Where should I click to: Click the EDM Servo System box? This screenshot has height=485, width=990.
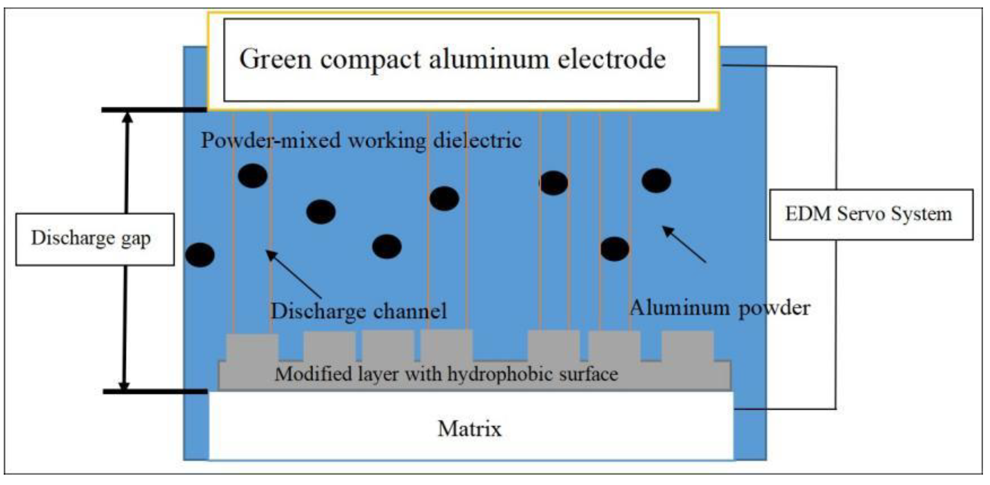[870, 215]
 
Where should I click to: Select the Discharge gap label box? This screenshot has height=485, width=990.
[95, 239]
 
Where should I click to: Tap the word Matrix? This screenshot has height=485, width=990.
[469, 429]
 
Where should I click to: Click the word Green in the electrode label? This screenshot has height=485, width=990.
[275, 59]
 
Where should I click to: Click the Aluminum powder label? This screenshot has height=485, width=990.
[720, 308]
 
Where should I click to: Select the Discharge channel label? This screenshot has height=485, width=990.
[358, 311]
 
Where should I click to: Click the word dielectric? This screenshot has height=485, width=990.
[477, 140]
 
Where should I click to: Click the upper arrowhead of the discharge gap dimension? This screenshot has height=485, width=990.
[128, 118]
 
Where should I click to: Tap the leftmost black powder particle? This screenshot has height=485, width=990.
[200, 255]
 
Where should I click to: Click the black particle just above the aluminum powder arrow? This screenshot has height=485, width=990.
[656, 181]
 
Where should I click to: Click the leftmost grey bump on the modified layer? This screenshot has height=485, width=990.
[252, 347]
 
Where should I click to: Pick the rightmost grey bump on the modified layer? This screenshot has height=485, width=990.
[687, 347]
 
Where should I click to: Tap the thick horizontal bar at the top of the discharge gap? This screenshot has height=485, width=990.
[154, 110]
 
